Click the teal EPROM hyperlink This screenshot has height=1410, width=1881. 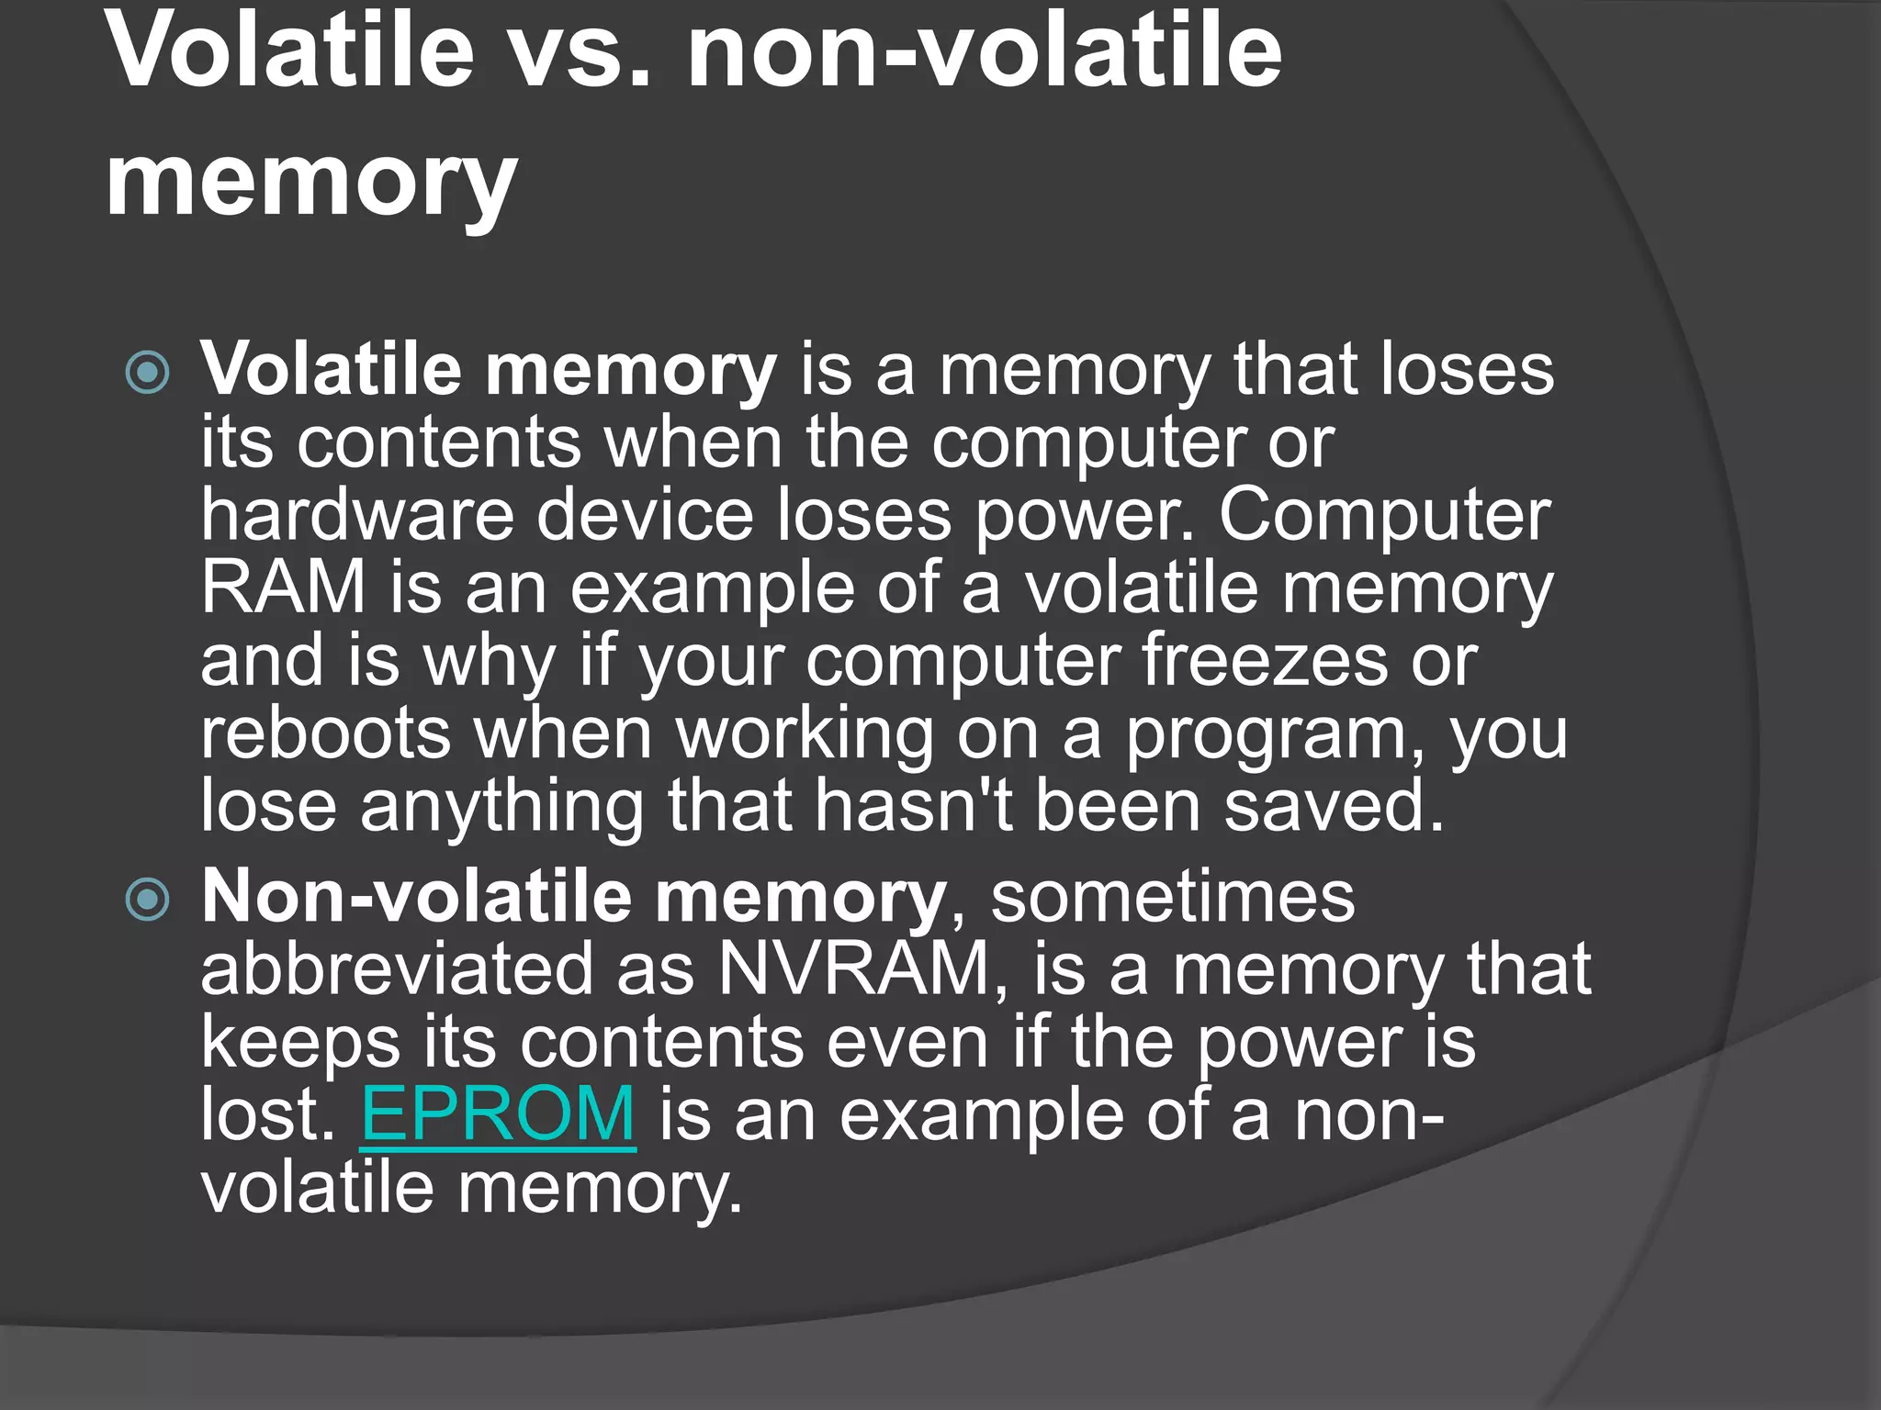tap(498, 1114)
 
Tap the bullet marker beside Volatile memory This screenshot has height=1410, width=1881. tap(147, 373)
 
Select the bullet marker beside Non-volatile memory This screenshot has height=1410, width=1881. tap(147, 899)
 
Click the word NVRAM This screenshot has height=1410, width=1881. tap(853, 969)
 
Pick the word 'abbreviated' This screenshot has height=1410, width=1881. tap(398, 969)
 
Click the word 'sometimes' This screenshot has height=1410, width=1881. tap(1173, 897)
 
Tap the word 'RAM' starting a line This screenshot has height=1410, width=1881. tap(284, 587)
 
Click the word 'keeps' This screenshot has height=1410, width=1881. tap(300, 1043)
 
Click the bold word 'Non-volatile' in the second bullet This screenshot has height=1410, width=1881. tap(416, 897)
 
